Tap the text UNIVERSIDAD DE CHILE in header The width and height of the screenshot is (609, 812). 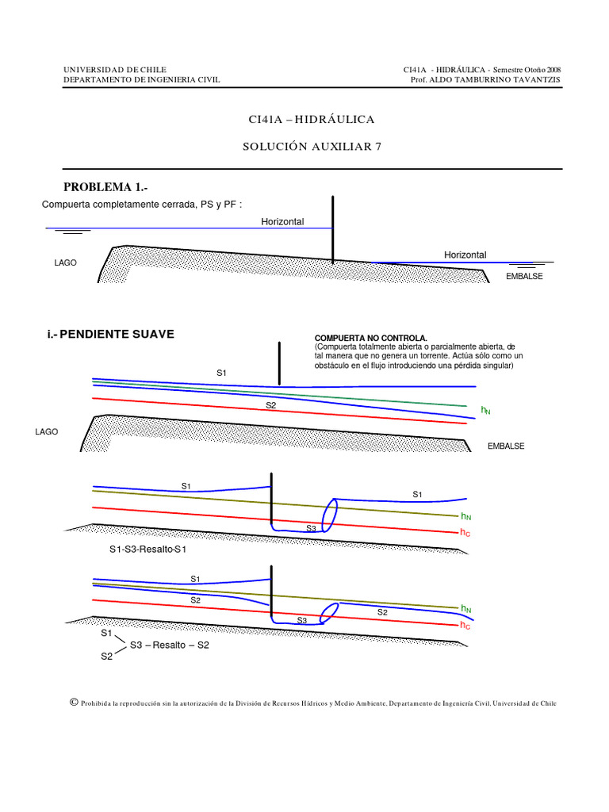pyautogui.click(x=115, y=70)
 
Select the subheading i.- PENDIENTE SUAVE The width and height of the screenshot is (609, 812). pyautogui.click(x=110, y=334)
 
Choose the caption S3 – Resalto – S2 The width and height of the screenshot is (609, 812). pyautogui.click(x=168, y=645)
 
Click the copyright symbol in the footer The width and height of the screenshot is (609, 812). pyautogui.click(x=73, y=703)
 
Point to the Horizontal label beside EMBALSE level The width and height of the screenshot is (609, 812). pyautogui.click(x=465, y=255)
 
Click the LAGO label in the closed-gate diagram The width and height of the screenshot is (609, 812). pyautogui.click(x=66, y=262)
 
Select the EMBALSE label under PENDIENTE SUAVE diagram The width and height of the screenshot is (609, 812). pyautogui.click(x=506, y=446)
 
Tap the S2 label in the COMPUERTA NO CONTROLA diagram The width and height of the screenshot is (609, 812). pyautogui.click(x=270, y=405)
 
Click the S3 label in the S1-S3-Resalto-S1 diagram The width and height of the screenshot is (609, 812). pyautogui.click(x=311, y=528)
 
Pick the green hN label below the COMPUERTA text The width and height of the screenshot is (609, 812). pyautogui.click(x=486, y=411)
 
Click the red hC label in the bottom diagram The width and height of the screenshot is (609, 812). pyautogui.click(x=465, y=626)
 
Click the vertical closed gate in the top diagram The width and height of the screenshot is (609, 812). pyautogui.click(x=333, y=230)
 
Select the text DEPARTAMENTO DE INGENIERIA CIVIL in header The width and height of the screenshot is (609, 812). pyautogui.click(x=141, y=79)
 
